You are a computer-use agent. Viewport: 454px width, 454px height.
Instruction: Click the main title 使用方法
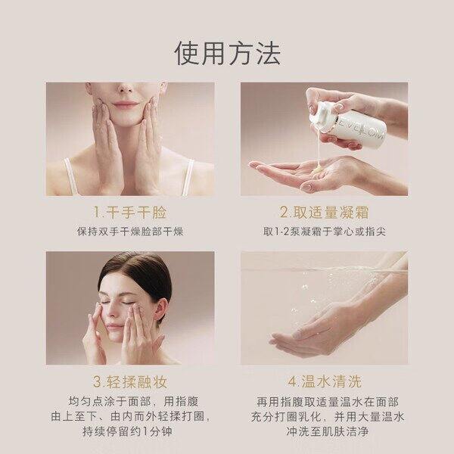click(227, 54)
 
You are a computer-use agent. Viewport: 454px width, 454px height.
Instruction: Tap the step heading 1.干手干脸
click(129, 212)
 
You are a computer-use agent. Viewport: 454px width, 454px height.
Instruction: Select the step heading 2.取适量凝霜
click(325, 212)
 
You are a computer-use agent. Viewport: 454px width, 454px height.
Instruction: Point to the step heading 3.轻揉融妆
click(130, 381)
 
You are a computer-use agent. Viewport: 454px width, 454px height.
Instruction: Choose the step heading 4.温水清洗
click(325, 381)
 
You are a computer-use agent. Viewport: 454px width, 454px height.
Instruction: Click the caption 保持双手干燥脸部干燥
click(130, 232)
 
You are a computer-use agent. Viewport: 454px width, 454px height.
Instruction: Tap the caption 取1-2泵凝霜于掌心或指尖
click(325, 232)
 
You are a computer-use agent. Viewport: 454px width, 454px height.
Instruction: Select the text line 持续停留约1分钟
click(127, 431)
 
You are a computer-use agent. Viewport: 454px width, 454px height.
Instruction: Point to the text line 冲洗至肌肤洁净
click(328, 431)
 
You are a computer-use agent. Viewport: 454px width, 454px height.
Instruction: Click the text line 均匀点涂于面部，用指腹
click(134, 402)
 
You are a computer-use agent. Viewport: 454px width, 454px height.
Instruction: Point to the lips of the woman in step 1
click(126, 104)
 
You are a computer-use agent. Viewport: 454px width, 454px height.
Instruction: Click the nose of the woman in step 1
click(126, 88)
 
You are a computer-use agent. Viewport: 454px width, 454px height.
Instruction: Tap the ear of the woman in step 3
click(161, 311)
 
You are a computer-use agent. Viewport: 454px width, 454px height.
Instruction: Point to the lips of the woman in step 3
click(113, 328)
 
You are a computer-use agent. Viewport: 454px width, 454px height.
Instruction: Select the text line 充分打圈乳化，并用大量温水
click(328, 417)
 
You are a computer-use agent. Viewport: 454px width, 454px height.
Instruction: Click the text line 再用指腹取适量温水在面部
click(328, 402)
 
